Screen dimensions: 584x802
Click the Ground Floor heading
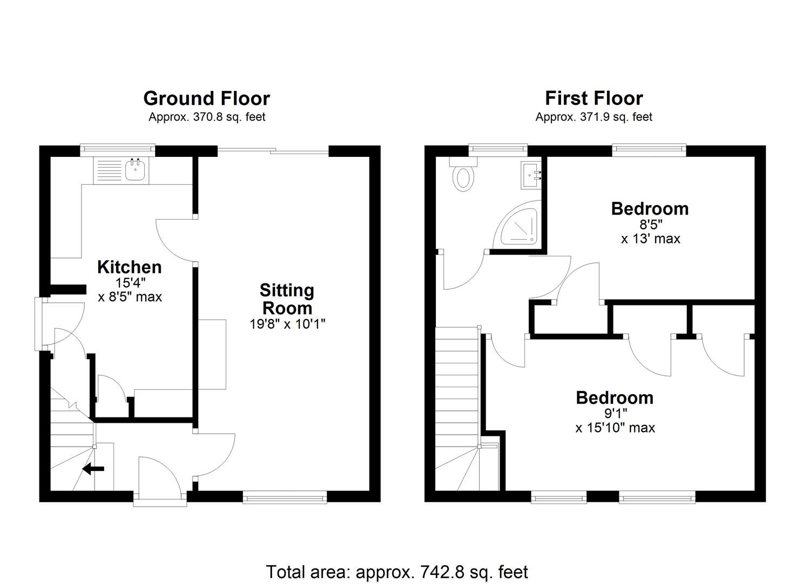tap(206, 98)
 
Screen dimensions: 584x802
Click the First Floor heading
tap(594, 98)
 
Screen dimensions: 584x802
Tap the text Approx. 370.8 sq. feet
tap(207, 117)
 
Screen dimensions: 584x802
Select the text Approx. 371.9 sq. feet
tap(594, 117)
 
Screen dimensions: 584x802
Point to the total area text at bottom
tap(397, 572)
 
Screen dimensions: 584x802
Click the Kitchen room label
tap(129, 267)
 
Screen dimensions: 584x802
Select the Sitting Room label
tap(287, 299)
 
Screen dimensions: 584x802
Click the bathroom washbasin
tap(530, 175)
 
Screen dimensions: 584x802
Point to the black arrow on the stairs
tap(93, 468)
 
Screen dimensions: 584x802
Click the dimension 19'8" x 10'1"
tap(287, 324)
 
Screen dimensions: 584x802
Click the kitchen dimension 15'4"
tap(130, 282)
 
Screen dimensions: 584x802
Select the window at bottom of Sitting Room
tap(285, 497)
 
